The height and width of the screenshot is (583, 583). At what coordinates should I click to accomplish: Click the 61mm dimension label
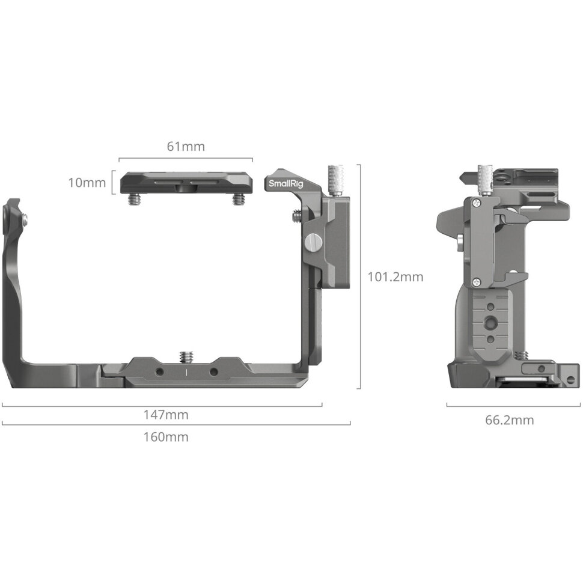point(185,146)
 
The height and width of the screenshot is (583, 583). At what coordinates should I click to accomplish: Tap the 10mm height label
point(87,182)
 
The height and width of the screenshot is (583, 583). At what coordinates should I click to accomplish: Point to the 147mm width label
point(166,415)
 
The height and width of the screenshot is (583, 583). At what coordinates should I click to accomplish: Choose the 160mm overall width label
point(165,437)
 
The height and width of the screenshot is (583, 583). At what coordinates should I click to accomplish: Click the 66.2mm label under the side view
point(509,420)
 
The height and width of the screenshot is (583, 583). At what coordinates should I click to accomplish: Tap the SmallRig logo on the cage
point(281,183)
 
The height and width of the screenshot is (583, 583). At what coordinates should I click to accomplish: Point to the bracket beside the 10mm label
point(114,182)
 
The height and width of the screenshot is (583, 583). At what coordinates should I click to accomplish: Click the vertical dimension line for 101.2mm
point(359,276)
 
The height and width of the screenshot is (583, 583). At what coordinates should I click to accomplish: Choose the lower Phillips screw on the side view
point(476,281)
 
